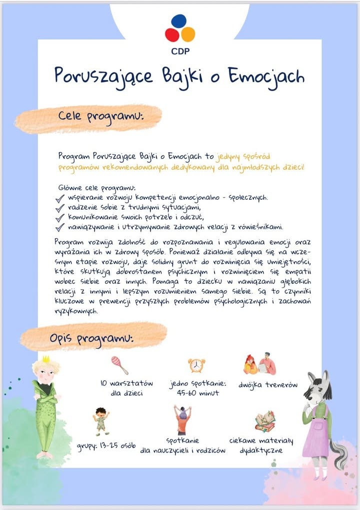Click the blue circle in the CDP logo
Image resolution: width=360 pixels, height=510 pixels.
click(x=179, y=21)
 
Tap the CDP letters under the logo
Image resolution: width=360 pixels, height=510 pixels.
click(x=180, y=50)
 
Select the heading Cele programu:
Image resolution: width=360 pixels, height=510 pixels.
click(x=100, y=116)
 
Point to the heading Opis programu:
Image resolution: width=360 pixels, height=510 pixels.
click(x=91, y=339)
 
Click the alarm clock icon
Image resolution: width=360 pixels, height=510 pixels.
click(x=196, y=366)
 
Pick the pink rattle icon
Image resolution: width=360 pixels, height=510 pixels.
click(x=119, y=365)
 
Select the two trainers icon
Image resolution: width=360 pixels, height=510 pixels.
click(x=260, y=364)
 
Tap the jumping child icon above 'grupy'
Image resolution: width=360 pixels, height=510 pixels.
click(x=101, y=421)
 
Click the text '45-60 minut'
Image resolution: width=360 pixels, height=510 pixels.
click(x=198, y=394)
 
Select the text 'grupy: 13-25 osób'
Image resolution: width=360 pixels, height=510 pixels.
click(x=106, y=446)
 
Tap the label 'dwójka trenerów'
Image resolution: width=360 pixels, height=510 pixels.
click(x=267, y=385)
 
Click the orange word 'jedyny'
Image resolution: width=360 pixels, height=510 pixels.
click(x=229, y=156)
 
